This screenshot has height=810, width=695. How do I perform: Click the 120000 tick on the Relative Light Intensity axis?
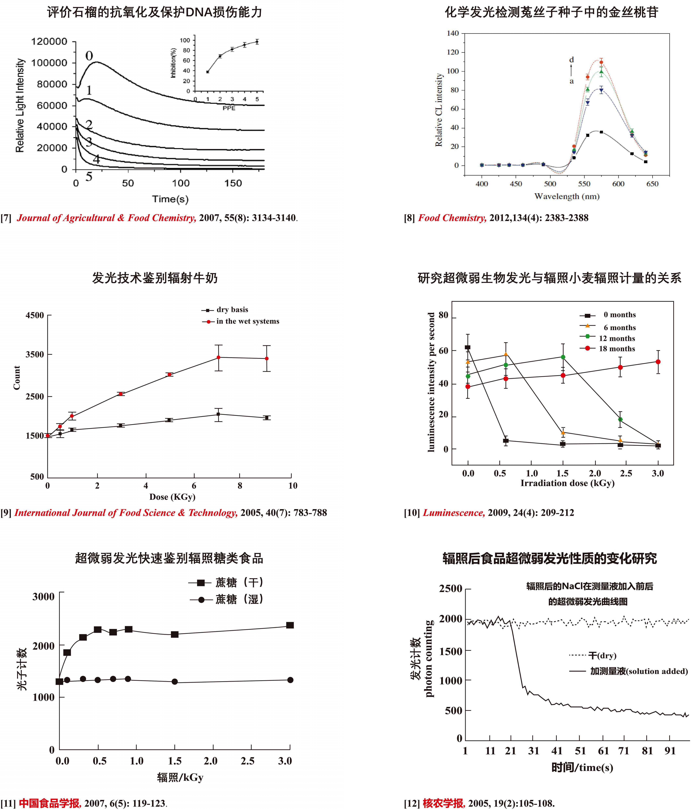pyautogui.click(x=49, y=41)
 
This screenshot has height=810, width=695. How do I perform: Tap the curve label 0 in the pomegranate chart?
pyautogui.click(x=89, y=56)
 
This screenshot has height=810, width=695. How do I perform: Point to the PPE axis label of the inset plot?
pyautogui.click(x=229, y=108)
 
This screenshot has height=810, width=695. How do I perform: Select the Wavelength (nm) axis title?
pyautogui.click(x=567, y=196)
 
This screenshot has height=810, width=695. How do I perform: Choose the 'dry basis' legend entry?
pyautogui.click(x=232, y=310)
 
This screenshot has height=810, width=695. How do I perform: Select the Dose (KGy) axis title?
pyautogui.click(x=172, y=497)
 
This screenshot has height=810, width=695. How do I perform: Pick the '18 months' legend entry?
pyautogui.click(x=617, y=349)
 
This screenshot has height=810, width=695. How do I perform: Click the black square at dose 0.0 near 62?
pyautogui.click(x=468, y=347)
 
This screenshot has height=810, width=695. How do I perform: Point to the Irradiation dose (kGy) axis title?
pyautogui.click(x=567, y=483)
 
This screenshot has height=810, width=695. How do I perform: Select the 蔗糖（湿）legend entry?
pyautogui.click(x=239, y=599)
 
